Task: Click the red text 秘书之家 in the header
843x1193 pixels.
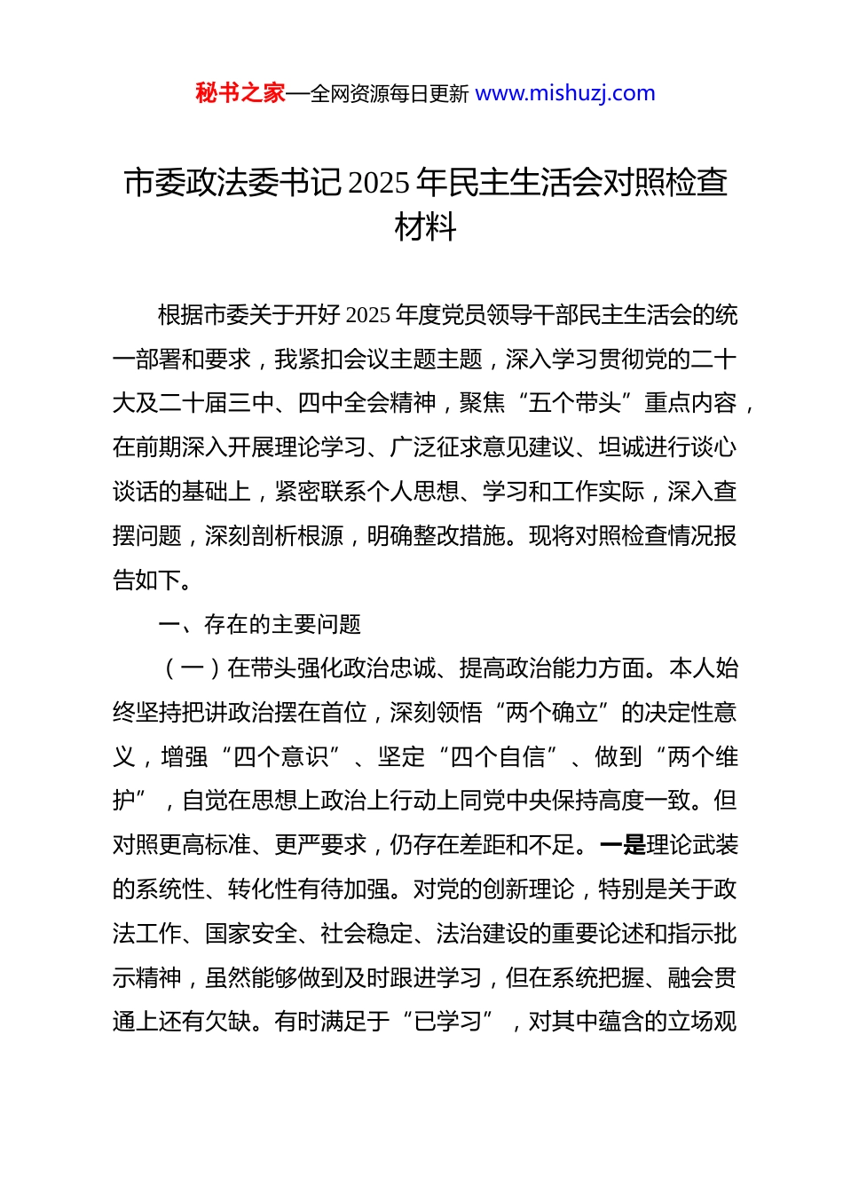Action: point(240,93)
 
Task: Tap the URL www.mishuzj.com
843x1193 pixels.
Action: point(565,93)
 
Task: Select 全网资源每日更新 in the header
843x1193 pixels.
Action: point(390,94)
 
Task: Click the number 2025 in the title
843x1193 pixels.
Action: point(380,183)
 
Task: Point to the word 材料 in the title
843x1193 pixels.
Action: point(425,227)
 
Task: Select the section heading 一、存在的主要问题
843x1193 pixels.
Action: point(259,625)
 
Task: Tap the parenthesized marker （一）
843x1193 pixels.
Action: point(192,668)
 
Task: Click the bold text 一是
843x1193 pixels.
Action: point(623,845)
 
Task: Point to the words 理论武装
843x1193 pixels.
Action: point(692,845)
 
